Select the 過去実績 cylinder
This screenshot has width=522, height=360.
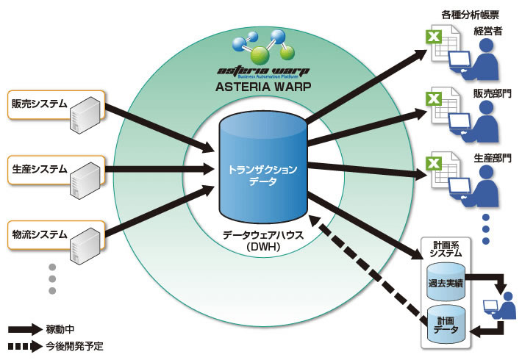click(447, 280)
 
